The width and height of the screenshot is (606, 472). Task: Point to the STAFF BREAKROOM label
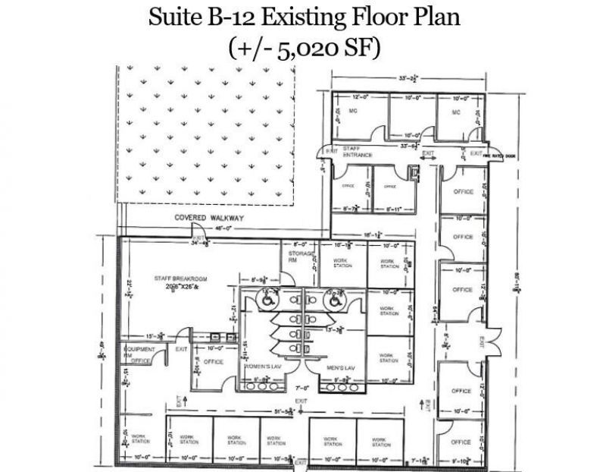[181, 278]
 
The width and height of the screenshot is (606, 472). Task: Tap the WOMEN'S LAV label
[262, 367]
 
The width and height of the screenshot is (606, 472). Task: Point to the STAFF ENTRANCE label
[358, 152]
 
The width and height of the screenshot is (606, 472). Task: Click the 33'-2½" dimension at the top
[407, 78]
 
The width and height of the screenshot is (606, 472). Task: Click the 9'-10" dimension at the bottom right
[462, 459]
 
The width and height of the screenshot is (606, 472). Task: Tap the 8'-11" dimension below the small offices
[392, 209]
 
